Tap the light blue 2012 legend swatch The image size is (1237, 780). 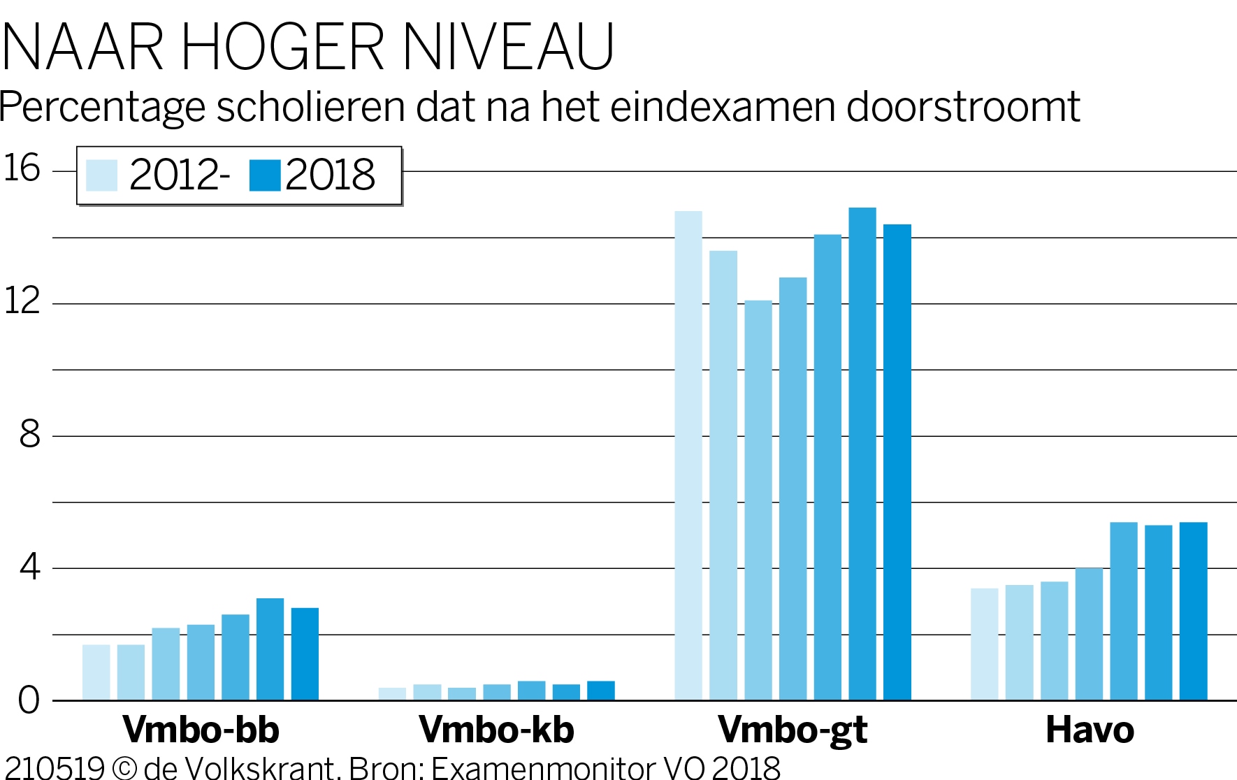point(101,175)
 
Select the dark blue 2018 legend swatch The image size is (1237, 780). point(265,175)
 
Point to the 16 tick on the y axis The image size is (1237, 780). point(22,168)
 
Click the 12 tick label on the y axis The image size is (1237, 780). point(22,301)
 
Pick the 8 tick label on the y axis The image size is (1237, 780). point(29,434)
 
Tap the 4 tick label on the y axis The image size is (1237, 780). point(29,567)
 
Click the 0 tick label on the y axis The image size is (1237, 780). point(29,700)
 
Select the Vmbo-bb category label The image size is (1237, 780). point(201,730)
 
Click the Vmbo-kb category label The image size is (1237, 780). point(496,730)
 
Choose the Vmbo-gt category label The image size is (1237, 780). point(793,730)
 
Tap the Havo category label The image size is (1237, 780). point(1090,730)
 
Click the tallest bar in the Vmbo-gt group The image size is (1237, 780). point(862,454)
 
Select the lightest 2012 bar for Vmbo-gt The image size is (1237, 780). point(688,454)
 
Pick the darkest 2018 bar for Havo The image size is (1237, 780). point(1193,612)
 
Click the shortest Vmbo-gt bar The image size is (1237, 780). point(758,500)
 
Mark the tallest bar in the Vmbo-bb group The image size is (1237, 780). point(270,649)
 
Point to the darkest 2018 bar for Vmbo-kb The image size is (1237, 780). point(600,691)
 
